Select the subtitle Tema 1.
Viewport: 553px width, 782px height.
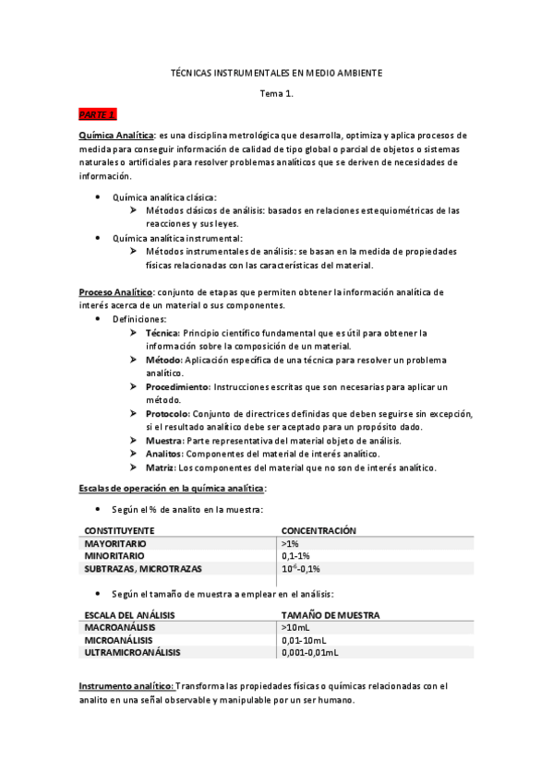277,93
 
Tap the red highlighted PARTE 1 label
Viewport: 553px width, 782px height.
97,114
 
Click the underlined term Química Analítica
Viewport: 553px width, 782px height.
116,135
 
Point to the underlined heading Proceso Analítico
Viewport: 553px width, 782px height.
115,291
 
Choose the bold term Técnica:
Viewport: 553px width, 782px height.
163,332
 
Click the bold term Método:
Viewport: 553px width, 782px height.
164,359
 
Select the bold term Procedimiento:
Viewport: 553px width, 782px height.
178,386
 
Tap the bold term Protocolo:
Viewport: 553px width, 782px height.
168,414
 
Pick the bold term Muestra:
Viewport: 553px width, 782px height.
165,441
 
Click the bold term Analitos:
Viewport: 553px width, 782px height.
165,454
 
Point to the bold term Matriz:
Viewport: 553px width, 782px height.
162,468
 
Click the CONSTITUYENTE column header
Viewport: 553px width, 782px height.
119,530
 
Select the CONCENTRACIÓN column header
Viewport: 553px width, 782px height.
319,530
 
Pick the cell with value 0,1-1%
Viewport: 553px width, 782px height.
295,556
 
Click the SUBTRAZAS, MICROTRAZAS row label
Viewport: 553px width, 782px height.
143,569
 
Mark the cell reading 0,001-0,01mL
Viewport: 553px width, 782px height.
310,652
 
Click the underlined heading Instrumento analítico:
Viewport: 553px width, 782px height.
126,686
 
